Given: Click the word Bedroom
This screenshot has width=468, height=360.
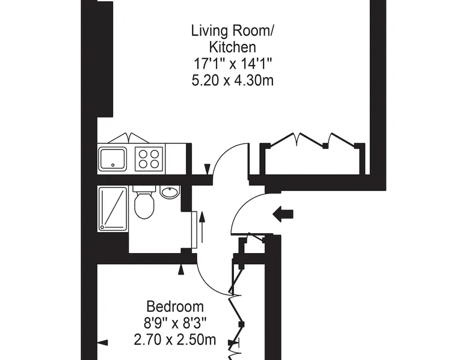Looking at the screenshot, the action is tap(175, 307).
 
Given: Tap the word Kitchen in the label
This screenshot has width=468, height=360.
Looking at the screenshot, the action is tap(233, 47).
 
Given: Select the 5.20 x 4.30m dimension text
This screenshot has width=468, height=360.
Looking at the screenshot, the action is tap(233, 81).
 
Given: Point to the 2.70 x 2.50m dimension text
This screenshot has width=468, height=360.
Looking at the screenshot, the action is tap(175, 340).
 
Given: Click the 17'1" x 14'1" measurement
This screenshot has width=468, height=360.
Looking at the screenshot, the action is tap(233, 64).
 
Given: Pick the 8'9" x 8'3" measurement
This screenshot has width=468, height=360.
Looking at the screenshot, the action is tap(175, 323).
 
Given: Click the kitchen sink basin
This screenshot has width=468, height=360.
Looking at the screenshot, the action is tap(112, 159).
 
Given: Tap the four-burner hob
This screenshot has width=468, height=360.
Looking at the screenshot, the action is tap(150, 159).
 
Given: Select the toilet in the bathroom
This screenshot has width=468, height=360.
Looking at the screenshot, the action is tap(144, 202).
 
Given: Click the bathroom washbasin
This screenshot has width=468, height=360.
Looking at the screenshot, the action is tap(170, 192).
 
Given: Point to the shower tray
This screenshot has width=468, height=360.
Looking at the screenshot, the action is tap(112, 209).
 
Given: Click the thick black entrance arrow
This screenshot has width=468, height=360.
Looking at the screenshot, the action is tap(283, 214).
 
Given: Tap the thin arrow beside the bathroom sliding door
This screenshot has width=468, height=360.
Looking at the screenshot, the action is tap(202, 227).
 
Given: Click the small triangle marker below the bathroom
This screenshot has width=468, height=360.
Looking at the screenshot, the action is tap(181, 270).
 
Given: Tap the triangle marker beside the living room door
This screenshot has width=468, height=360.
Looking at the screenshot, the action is tap(208, 169).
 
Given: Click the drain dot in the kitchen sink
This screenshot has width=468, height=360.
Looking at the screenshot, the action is tap(112, 165).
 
